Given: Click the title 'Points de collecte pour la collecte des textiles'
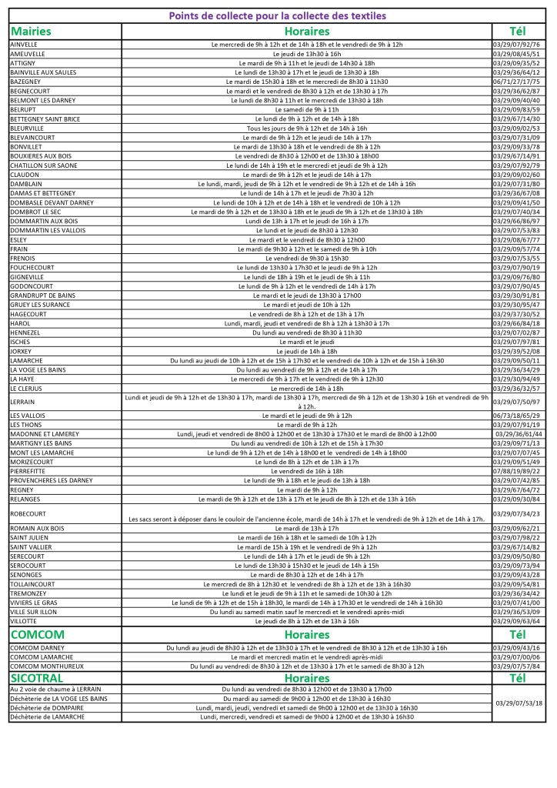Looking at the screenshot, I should pos(278,15).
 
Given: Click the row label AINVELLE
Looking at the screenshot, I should pos(24,45).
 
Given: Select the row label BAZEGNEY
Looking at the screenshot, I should pos(26,82).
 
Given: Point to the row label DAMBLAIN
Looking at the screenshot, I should pos(27,184).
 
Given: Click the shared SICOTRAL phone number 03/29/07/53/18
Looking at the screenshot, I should pos(519,703).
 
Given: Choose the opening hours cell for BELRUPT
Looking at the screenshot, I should pos(306,109).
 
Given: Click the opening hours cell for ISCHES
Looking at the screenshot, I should pos(306,342).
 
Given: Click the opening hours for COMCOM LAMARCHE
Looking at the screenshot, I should pos(306,656).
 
